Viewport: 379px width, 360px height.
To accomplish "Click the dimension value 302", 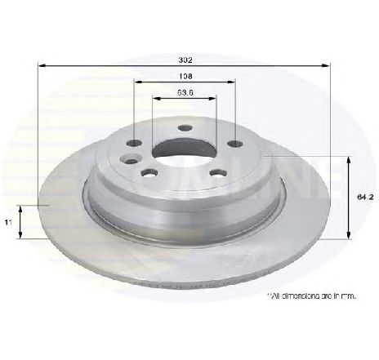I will click(185, 60).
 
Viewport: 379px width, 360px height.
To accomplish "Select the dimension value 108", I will click(185, 77).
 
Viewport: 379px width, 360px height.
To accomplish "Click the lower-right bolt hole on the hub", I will click(218, 172).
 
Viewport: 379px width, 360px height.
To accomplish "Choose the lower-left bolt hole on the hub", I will click(149, 173).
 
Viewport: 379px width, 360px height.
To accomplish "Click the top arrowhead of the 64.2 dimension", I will click(350, 158).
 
